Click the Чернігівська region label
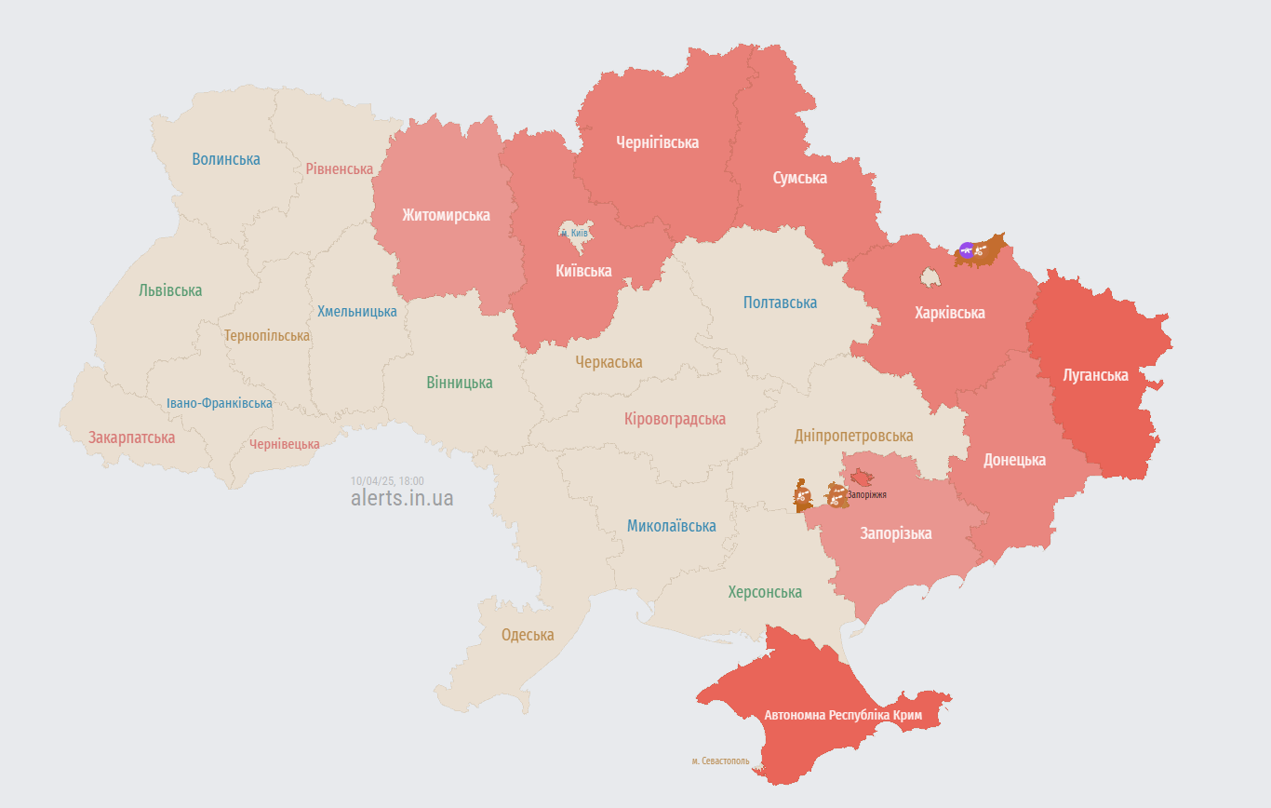click(657, 142)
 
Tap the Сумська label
click(799, 178)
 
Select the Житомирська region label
click(446, 215)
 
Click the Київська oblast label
click(583, 271)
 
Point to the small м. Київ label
click(574, 233)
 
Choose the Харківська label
click(949, 313)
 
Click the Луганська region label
click(1095, 375)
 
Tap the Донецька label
click(1014, 460)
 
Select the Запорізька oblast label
click(895, 533)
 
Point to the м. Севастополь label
click(720, 761)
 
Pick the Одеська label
click(528, 635)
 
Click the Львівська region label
click(170, 290)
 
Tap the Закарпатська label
click(131, 438)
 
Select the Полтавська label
click(780, 303)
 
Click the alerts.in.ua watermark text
click(402, 499)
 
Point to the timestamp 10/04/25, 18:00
click(387, 480)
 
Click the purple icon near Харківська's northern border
click(967, 249)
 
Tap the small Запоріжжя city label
click(866, 495)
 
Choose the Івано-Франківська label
click(220, 403)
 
